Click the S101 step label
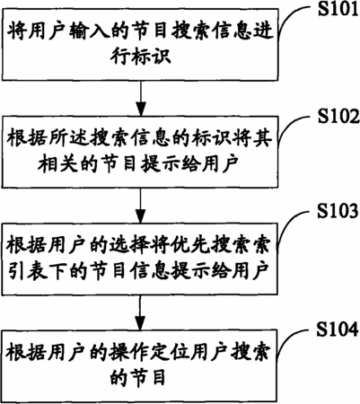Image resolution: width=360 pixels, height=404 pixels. [338, 10]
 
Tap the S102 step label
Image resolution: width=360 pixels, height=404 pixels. [338, 117]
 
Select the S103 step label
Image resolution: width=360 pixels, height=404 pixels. [338, 211]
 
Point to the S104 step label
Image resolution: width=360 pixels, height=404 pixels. [338, 329]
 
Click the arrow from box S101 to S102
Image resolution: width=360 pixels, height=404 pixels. [141, 98]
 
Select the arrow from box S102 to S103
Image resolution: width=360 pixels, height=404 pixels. [141, 206]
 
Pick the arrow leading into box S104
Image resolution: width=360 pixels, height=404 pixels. [141, 312]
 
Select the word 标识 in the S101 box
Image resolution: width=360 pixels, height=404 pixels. [156, 56]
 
